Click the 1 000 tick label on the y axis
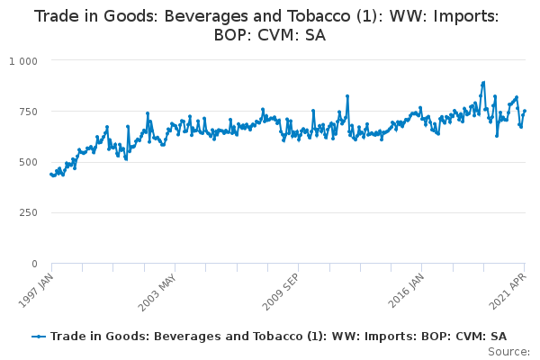pos(23,61)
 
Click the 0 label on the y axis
pos(34,264)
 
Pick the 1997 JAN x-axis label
pos(36,291)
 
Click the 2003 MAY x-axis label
pos(157,292)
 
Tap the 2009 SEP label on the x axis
pos(281,292)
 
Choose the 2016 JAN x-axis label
pos(406,291)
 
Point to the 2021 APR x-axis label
pos(508,292)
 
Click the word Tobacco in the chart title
pos(319,16)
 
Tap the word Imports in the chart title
pos(465,17)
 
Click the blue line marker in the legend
pos(39,337)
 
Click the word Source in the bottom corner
pos(508,352)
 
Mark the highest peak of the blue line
pos(484,83)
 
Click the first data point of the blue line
pos(51,175)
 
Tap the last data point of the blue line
pos(525,111)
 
